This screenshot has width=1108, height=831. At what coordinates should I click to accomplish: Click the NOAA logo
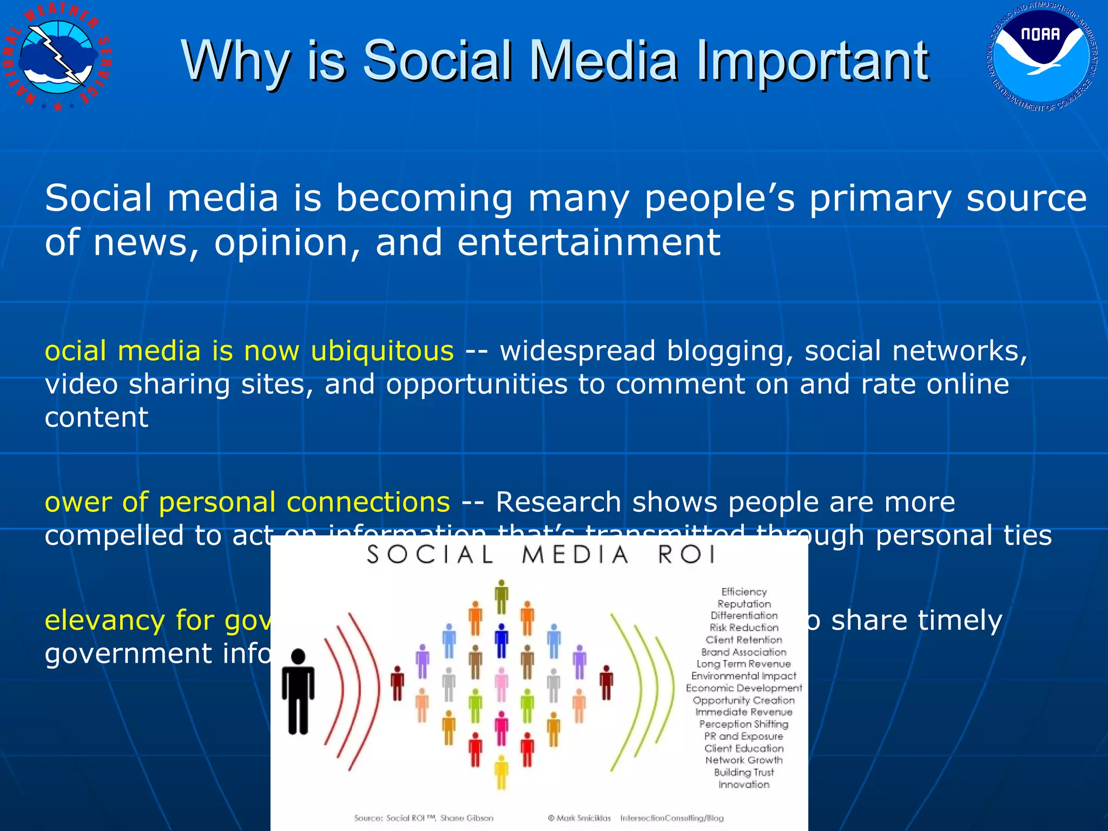pyautogui.click(x=1042, y=57)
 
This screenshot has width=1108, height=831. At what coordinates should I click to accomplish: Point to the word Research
pyautogui.click(x=558, y=502)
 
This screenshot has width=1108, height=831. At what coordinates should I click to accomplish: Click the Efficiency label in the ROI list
pyautogui.click(x=744, y=592)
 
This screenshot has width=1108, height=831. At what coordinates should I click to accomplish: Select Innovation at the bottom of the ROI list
pyautogui.click(x=744, y=784)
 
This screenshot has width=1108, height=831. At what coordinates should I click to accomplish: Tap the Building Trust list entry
pyautogui.click(x=744, y=773)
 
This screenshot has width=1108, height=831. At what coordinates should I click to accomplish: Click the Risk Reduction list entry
pyautogui.click(x=744, y=628)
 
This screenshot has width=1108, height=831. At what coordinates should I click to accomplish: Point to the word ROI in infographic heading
pyautogui.click(x=687, y=555)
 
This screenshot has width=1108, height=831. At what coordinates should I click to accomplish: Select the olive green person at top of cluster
pyautogui.click(x=502, y=597)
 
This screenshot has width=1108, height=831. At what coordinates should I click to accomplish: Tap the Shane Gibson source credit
pyautogui.click(x=466, y=818)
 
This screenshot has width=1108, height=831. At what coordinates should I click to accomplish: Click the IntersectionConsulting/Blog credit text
pyautogui.click(x=671, y=818)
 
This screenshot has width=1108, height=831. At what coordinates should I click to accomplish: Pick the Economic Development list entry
pyautogui.click(x=744, y=688)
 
